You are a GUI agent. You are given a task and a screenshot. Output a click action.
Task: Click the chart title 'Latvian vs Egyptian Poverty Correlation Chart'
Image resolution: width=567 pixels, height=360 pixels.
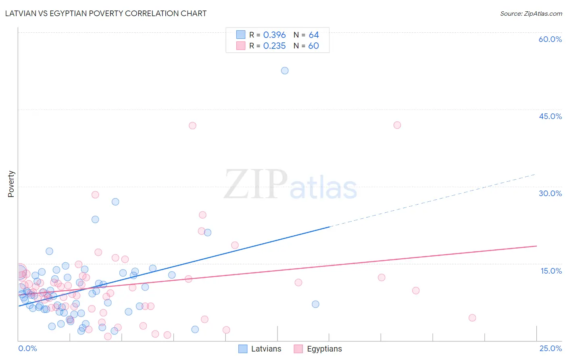click(106, 13)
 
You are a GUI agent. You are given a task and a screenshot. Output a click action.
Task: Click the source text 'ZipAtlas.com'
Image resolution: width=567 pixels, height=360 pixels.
click(543, 13)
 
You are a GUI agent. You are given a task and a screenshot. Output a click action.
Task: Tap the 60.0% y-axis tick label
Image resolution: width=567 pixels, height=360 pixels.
click(550, 39)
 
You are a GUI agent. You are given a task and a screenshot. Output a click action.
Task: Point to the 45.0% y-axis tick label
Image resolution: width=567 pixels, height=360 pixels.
click(550, 116)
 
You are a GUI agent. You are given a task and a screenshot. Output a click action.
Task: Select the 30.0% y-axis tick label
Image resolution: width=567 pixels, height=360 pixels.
click(550, 193)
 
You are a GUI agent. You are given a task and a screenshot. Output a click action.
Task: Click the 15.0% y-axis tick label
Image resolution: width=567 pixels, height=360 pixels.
click(551, 271)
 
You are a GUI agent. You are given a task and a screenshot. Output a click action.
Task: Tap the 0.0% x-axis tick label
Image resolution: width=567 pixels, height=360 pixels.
click(27, 348)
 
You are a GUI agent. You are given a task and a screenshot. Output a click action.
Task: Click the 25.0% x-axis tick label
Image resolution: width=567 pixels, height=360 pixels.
click(550, 348)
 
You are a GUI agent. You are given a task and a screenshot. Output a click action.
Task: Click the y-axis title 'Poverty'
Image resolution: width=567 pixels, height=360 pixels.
click(11, 184)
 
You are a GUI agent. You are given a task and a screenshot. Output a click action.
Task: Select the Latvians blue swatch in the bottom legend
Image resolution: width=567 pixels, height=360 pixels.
click(243, 349)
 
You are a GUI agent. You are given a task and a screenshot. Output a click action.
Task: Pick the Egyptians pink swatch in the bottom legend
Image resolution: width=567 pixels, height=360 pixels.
click(298, 349)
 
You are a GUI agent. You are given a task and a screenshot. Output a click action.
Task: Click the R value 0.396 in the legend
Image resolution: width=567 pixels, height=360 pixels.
click(274, 35)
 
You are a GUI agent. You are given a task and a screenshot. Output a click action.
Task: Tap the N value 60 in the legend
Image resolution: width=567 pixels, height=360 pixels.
click(313, 46)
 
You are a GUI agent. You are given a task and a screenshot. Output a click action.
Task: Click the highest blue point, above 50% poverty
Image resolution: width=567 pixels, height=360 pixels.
click(285, 71)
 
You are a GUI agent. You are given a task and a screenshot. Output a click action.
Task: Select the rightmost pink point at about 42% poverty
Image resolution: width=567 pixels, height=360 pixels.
click(397, 125)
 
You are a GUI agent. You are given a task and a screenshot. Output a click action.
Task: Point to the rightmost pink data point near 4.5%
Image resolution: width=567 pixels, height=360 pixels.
click(472, 318)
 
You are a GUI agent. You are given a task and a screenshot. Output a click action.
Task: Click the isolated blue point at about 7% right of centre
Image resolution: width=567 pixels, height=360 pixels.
click(315, 304)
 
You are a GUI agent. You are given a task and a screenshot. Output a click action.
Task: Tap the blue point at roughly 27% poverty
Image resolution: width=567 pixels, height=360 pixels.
click(115, 202)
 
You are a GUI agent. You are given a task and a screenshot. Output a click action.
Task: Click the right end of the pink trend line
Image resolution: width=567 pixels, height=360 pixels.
click(536, 246)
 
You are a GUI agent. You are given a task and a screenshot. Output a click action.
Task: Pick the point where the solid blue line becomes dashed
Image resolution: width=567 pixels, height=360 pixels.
click(329, 227)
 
